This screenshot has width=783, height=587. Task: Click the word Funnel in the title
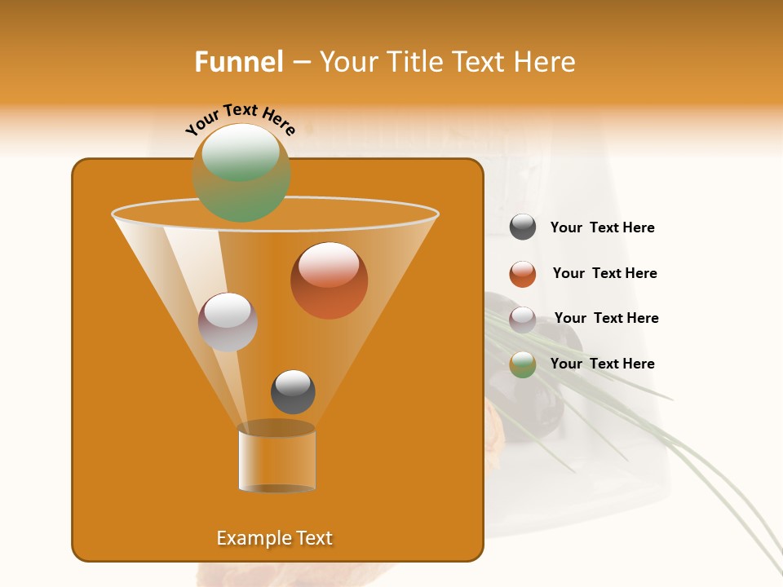[x=238, y=62]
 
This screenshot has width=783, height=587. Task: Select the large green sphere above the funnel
[x=241, y=173]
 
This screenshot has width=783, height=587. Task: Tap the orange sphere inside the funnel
[x=329, y=280]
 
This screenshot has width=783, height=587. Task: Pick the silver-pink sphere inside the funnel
[x=228, y=322]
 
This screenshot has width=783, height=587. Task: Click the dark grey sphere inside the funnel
[x=293, y=392]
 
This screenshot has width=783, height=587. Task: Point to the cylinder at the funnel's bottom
[x=276, y=458]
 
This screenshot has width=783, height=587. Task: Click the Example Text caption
[x=274, y=538]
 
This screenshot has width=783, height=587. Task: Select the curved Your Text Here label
[x=240, y=118]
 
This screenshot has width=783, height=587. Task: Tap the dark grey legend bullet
[x=523, y=227]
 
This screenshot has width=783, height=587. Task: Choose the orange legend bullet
[x=523, y=274]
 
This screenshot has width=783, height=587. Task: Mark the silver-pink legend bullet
[x=523, y=319]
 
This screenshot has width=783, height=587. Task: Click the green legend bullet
[x=523, y=364]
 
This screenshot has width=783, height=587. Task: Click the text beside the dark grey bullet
[x=602, y=228]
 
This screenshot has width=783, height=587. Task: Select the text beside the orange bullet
[x=604, y=274]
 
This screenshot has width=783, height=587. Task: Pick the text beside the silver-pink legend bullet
[x=606, y=319]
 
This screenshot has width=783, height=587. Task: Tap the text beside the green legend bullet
[x=602, y=364]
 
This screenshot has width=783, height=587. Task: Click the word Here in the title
[x=546, y=62]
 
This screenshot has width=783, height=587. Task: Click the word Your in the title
[x=345, y=62]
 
